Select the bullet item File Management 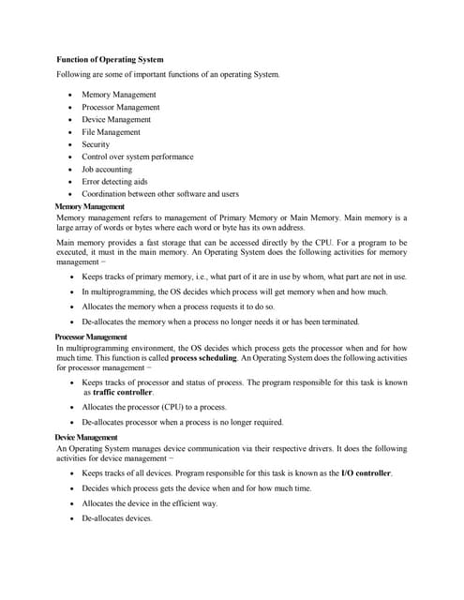[111, 132]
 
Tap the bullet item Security [96, 144]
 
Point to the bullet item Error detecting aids [114, 182]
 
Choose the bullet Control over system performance [138, 157]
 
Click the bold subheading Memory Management [90, 206]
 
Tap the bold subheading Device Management [86, 438]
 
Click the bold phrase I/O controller [366, 473]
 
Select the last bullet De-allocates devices [116, 518]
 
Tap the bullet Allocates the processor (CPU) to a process [154, 407]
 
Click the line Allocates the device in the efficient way [149, 503]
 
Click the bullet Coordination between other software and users [160, 194]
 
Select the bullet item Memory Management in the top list [119, 95]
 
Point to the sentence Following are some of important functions [168, 74]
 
